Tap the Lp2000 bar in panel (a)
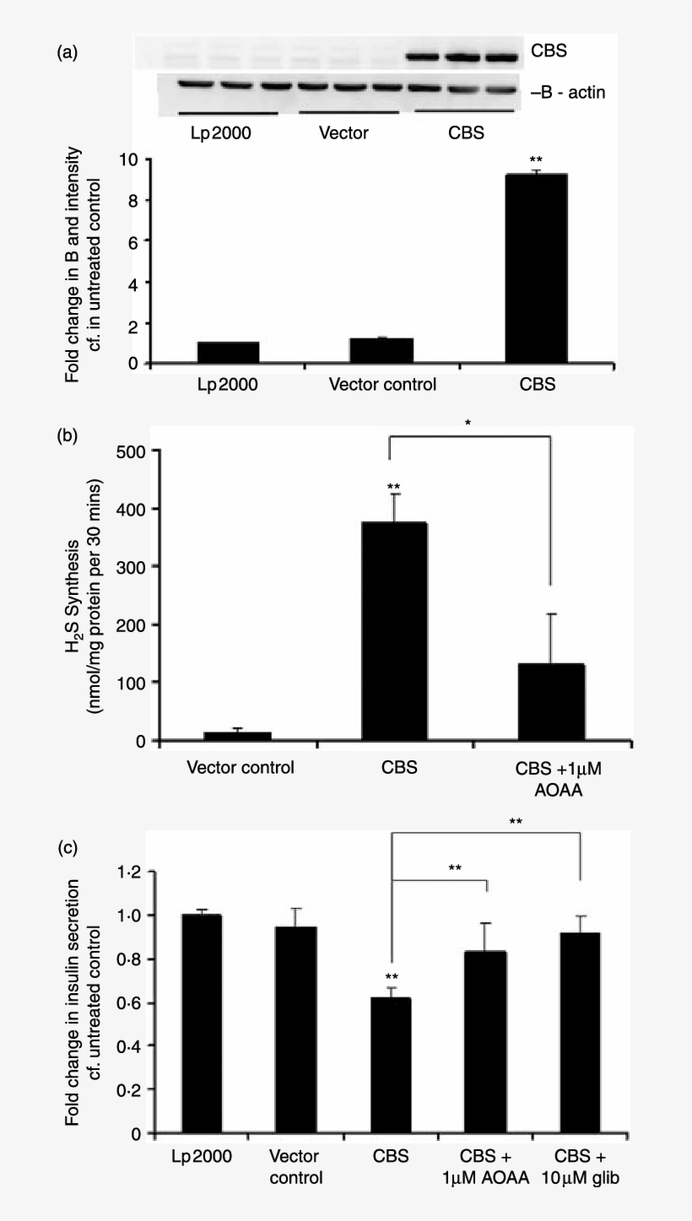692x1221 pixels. [x=228, y=353]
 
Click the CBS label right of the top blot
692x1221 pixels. [x=549, y=51]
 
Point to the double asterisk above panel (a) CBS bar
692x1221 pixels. [x=535, y=159]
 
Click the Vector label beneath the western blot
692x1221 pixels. [x=345, y=133]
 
